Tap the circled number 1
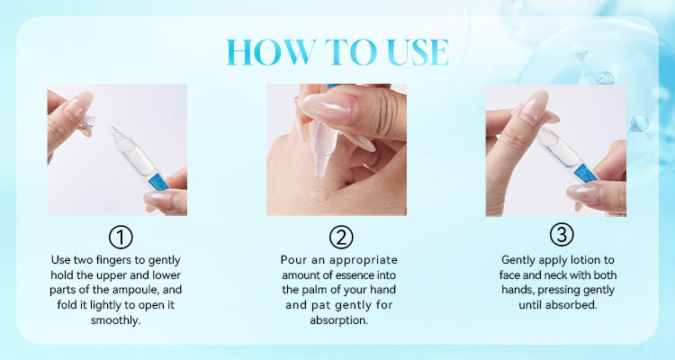tap(121, 238)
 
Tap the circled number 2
tap(341, 238)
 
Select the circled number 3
tap(562, 235)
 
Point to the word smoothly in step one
tap(115, 320)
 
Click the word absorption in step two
tap(338, 320)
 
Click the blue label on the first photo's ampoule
tap(158, 183)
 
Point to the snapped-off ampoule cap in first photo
tap(89, 121)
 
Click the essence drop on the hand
tap(319, 193)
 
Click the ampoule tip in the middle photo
tap(321, 171)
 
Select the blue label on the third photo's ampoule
tap(586, 171)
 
